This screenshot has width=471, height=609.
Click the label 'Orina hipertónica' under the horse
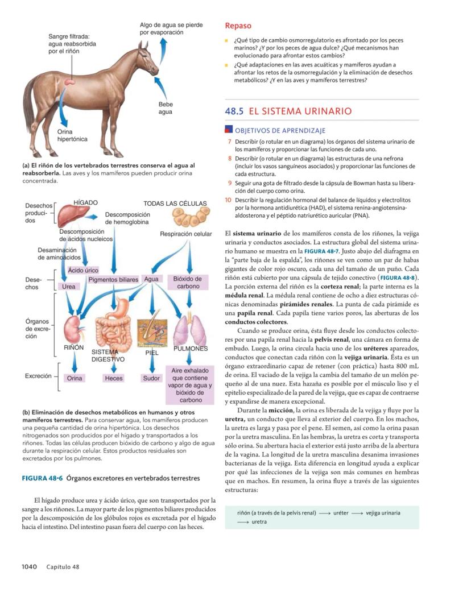(72, 135)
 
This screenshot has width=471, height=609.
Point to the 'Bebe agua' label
(166, 108)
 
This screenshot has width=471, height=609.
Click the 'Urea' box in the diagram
(69, 287)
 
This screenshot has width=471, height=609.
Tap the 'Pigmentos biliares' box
(113, 280)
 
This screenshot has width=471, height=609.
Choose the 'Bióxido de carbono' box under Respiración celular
(188, 283)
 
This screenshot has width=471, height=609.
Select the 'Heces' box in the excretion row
(113, 378)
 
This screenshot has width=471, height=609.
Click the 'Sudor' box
(151, 378)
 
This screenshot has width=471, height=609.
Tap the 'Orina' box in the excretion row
(75, 378)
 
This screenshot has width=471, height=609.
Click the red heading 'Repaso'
(238, 26)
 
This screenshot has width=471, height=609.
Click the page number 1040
(29, 566)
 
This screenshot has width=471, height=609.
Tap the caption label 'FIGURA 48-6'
(42, 478)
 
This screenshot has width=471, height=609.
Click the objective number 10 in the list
(228, 200)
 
